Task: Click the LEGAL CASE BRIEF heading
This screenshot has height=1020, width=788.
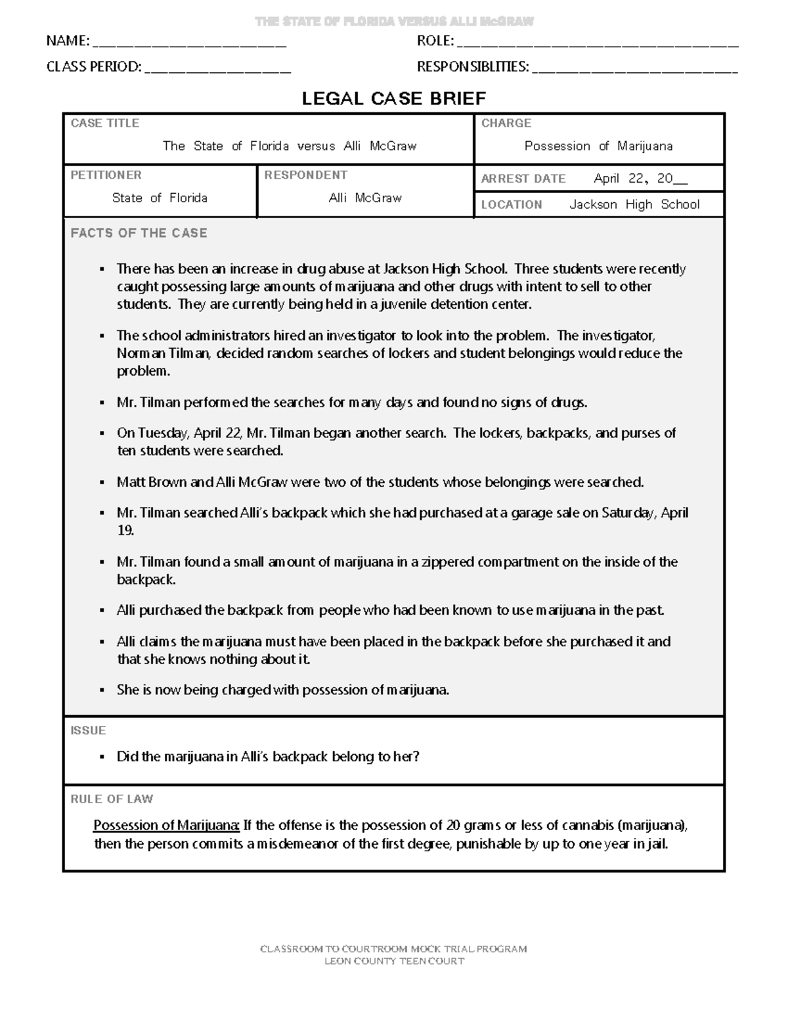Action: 393,99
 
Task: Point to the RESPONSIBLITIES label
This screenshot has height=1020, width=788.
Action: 472,66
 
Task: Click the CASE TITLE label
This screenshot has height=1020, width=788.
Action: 104,123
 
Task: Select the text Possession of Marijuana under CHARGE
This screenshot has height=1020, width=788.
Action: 598,146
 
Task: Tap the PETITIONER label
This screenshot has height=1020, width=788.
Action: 106,175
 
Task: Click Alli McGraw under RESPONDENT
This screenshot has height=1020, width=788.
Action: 365,198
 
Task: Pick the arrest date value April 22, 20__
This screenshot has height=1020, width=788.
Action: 641,179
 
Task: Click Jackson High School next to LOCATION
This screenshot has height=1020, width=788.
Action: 634,204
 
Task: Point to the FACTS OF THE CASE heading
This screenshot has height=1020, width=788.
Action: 139,233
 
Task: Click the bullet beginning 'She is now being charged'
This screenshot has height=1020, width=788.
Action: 283,690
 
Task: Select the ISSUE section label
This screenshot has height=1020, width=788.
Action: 88,730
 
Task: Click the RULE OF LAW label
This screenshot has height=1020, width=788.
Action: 112,799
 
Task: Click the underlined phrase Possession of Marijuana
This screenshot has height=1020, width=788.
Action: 167,826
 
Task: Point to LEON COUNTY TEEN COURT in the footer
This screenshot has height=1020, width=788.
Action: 394,961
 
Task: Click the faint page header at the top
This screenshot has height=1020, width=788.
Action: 394,22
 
